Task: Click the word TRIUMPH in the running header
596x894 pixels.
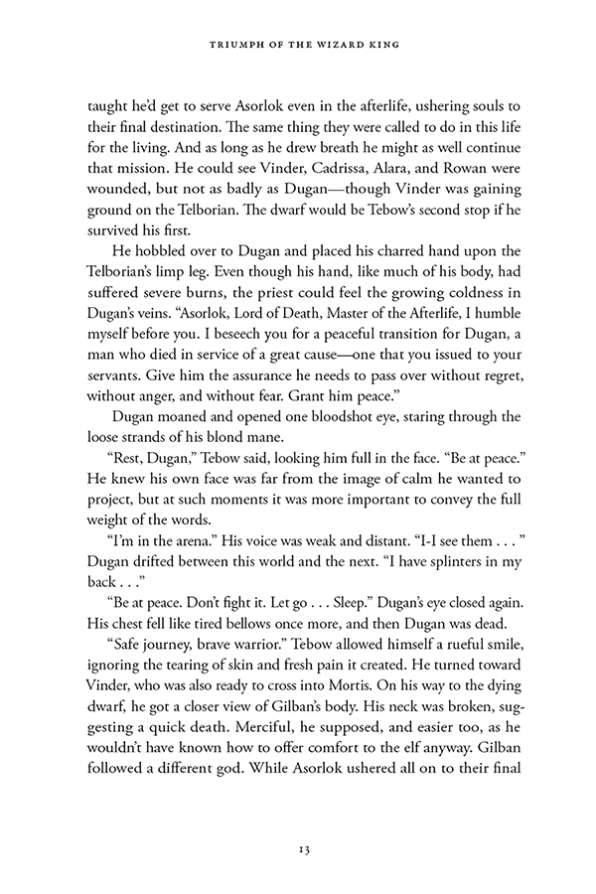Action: click(230, 44)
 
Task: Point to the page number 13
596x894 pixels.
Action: click(298, 848)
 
